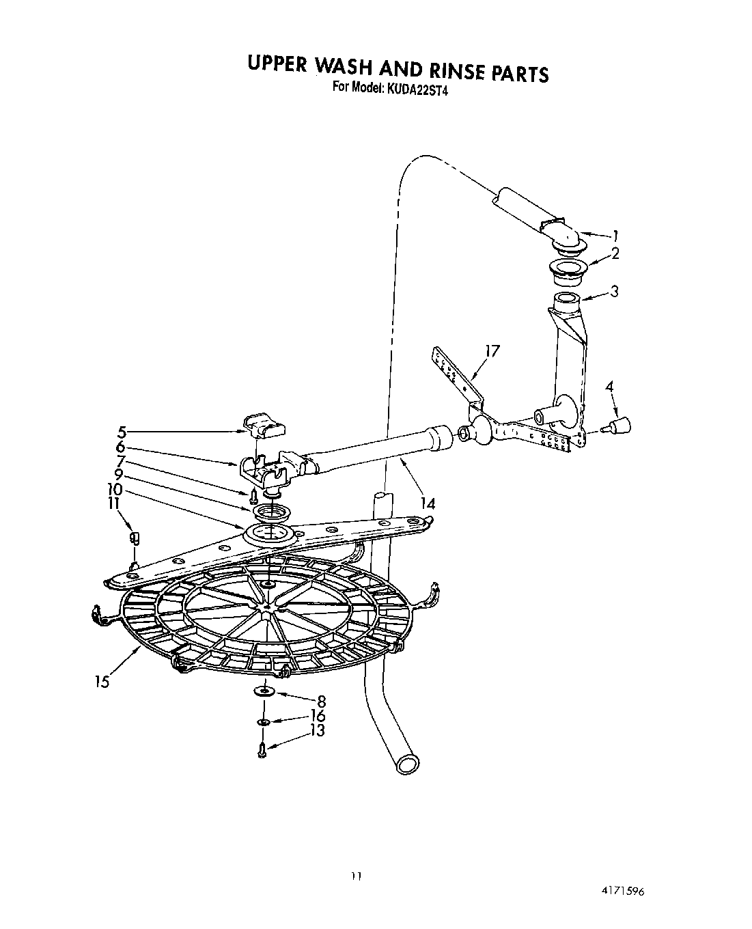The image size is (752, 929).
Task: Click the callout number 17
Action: [492, 351]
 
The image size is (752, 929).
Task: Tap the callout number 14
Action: [428, 503]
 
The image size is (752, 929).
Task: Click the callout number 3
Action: [614, 292]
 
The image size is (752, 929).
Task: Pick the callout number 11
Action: [113, 503]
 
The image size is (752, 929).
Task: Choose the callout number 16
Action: [317, 716]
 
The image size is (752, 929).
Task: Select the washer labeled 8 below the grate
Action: [263, 692]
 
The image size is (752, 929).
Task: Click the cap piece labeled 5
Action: [266, 428]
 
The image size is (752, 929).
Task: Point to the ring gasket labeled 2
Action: [563, 268]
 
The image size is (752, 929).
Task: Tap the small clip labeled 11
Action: [134, 538]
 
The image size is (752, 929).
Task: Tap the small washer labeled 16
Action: [263, 721]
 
